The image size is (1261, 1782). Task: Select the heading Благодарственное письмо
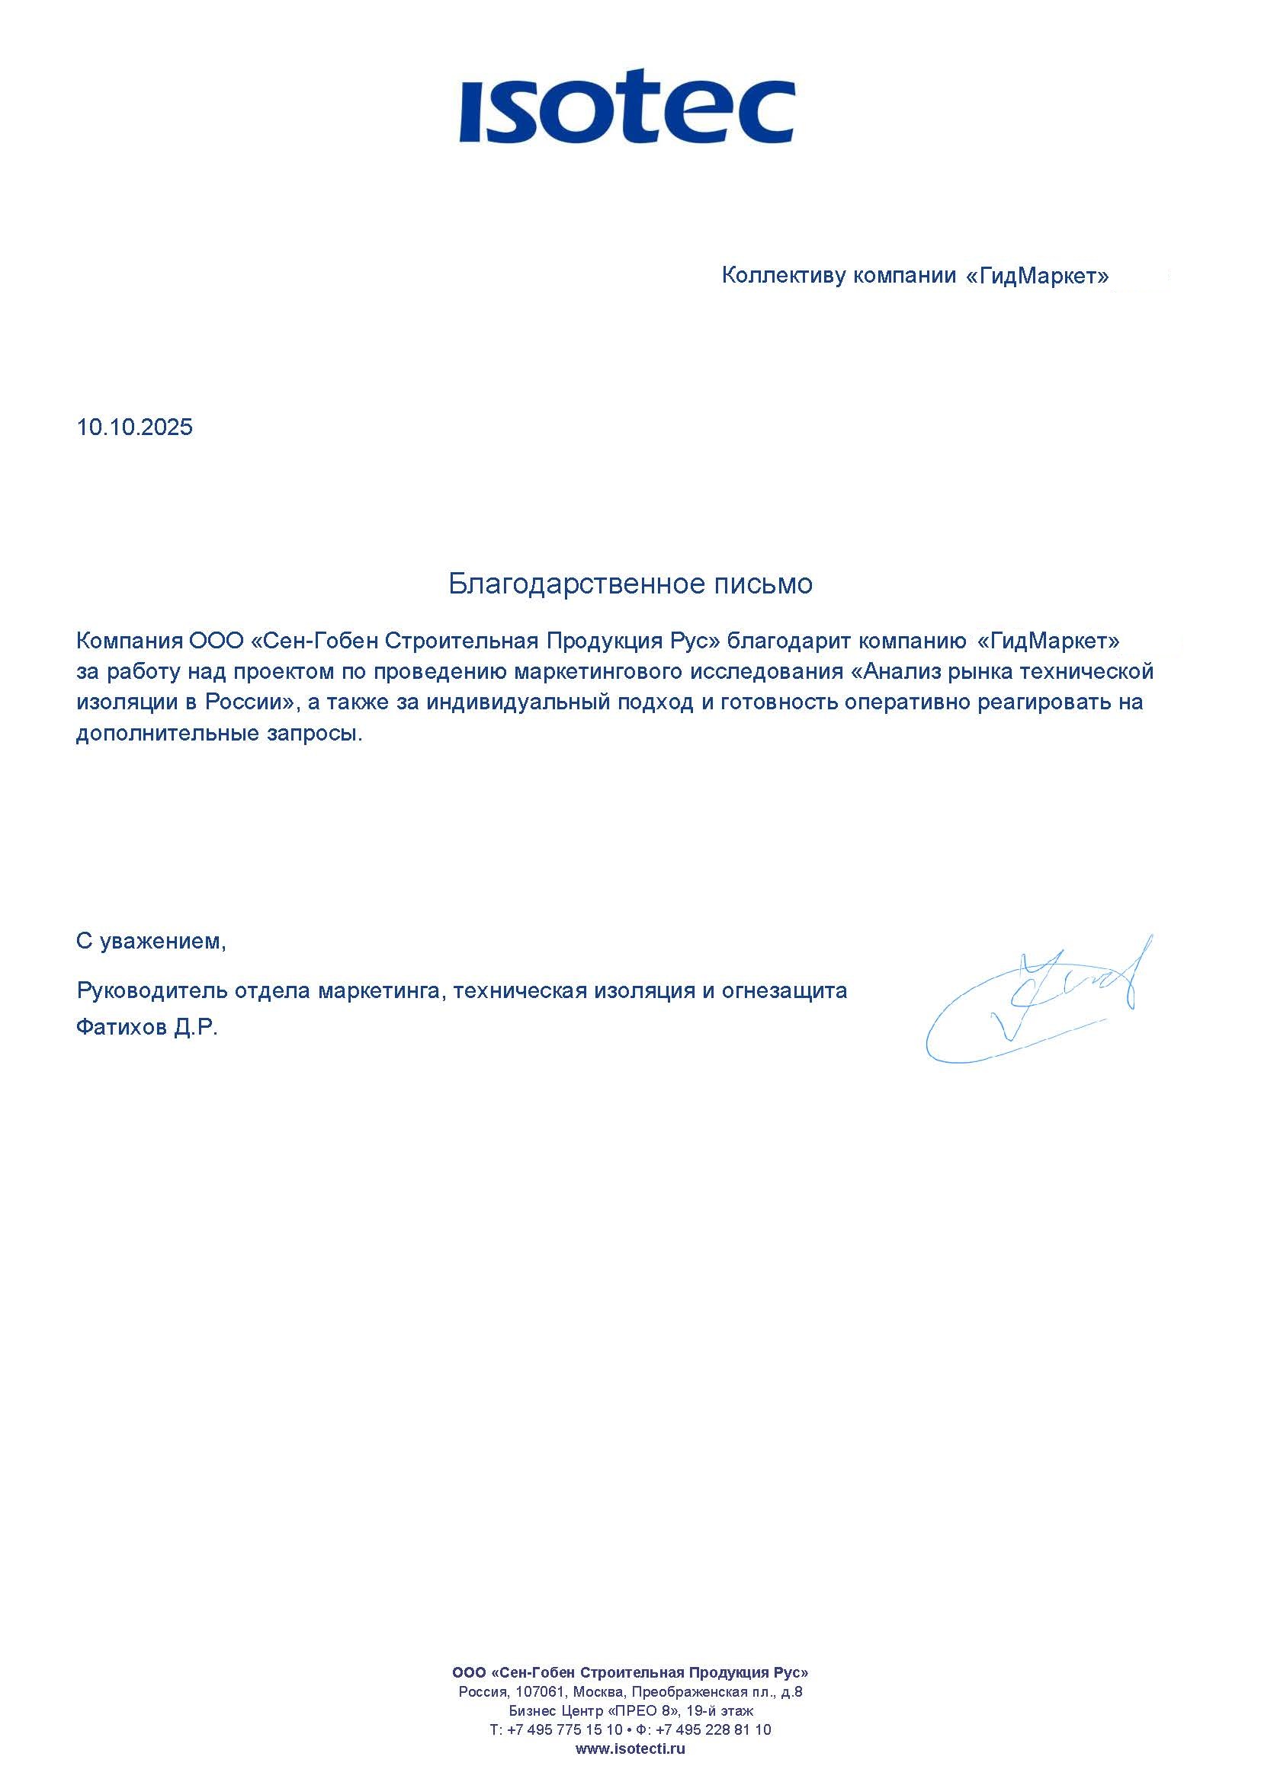point(630,584)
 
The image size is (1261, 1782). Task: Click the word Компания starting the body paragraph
point(129,641)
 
